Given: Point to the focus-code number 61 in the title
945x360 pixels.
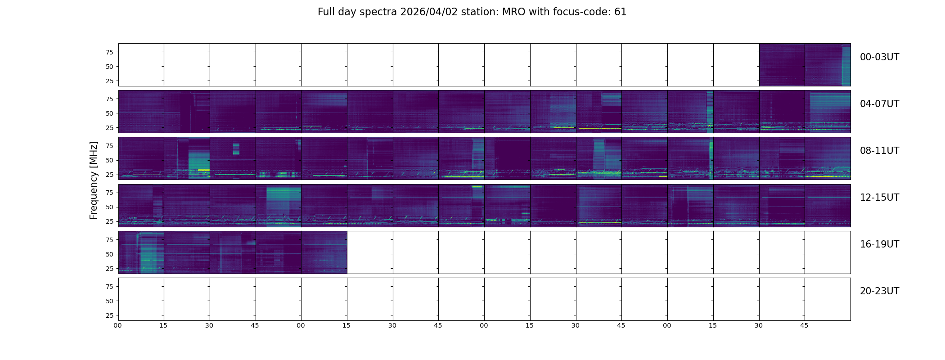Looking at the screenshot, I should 620,12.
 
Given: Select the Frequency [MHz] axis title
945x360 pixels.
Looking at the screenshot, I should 94,180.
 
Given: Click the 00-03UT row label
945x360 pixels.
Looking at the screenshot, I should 879,57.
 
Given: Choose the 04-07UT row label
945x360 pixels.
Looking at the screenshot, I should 879,104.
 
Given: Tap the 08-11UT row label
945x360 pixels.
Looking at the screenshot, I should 879,151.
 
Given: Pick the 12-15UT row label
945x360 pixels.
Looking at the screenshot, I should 879,198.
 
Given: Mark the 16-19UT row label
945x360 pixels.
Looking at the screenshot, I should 879,244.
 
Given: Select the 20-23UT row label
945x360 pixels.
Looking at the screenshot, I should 879,291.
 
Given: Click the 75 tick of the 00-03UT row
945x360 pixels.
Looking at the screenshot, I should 109,52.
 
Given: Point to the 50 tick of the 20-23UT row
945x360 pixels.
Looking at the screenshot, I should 109,301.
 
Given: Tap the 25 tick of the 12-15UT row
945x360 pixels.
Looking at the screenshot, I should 109,221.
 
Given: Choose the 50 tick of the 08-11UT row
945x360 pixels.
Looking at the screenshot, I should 109,160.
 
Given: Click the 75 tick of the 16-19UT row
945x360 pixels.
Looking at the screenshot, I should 109,240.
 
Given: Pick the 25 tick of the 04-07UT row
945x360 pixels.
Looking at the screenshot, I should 109,128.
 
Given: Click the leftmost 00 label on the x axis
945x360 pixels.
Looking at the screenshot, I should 117,325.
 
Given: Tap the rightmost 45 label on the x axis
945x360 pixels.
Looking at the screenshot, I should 804,325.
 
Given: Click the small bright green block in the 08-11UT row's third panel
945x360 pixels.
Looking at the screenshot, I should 236,148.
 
